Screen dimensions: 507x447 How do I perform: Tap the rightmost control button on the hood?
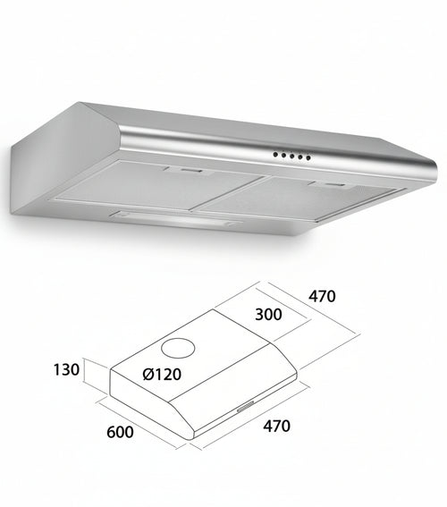309,158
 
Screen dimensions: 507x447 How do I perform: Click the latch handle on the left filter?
186,169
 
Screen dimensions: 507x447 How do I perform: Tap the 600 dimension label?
120,434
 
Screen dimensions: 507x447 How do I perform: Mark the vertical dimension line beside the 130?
87,381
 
